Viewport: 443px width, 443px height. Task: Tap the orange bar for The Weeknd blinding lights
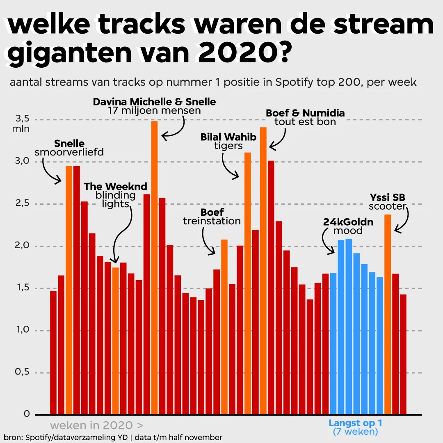click(116, 340)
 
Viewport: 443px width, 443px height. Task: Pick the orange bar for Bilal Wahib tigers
click(248, 283)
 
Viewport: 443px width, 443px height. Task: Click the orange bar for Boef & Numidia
click(263, 271)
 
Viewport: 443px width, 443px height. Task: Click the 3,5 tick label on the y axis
click(23, 119)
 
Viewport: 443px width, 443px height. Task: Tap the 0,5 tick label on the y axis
click(23, 372)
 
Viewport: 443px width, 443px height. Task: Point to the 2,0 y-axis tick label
click(23, 246)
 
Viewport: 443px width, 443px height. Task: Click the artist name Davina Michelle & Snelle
click(154, 101)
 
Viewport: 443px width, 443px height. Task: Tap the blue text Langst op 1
click(355, 423)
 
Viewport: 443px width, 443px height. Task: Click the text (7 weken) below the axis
click(355, 432)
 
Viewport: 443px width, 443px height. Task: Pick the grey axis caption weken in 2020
click(96, 425)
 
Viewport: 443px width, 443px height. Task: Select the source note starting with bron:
click(113, 437)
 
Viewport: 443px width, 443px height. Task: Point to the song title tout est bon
click(305, 122)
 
